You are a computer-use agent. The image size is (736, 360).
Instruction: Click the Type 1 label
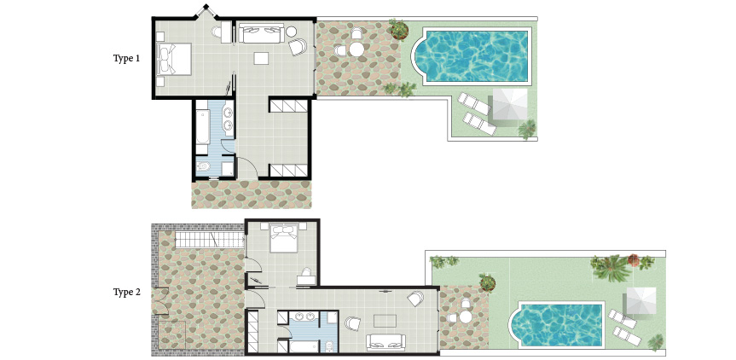coord(126,59)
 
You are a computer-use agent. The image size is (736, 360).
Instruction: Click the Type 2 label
coord(127,293)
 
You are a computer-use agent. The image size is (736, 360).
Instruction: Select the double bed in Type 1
coord(174,59)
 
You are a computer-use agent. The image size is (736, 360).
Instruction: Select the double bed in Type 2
coord(283,237)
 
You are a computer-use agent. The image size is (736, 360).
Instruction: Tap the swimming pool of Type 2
coord(557,325)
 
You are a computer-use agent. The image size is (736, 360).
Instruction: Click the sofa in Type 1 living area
coord(261,33)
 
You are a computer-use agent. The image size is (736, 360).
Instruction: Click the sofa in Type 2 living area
coord(385,342)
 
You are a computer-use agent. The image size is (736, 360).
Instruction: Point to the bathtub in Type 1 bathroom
coord(202,127)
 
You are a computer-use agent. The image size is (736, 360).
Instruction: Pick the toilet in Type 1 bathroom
coord(203,165)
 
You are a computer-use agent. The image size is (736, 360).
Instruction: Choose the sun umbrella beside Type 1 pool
coord(510,105)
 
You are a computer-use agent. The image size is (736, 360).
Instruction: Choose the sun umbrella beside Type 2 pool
coord(641,301)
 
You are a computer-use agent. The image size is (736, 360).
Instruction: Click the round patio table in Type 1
coord(356,49)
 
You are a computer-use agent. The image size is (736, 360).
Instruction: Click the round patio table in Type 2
coord(465,316)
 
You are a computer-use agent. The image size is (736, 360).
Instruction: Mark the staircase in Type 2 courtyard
coord(210,240)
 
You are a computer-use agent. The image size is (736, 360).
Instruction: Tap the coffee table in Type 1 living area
coord(261,58)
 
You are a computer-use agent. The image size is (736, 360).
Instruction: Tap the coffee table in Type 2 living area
coord(385,321)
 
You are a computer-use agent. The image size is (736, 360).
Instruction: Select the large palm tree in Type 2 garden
coord(611,268)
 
